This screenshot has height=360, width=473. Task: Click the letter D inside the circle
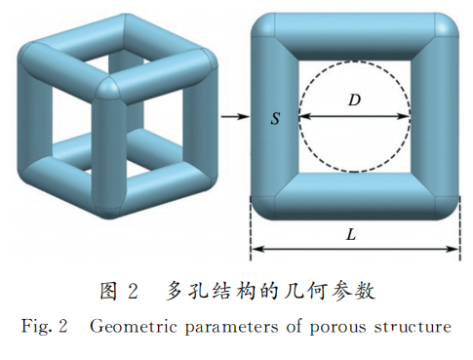(x=354, y=99)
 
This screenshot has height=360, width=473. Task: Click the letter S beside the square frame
(x=276, y=117)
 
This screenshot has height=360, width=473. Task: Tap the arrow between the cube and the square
(x=232, y=117)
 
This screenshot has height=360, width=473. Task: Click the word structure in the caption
(x=415, y=327)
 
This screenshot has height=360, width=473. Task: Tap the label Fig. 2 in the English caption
(x=43, y=327)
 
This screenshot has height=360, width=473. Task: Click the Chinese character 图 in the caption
(x=110, y=291)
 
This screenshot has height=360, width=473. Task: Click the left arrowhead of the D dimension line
(x=302, y=116)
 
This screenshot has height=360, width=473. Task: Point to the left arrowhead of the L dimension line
(x=256, y=250)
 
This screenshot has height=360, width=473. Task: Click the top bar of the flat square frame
(x=354, y=36)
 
